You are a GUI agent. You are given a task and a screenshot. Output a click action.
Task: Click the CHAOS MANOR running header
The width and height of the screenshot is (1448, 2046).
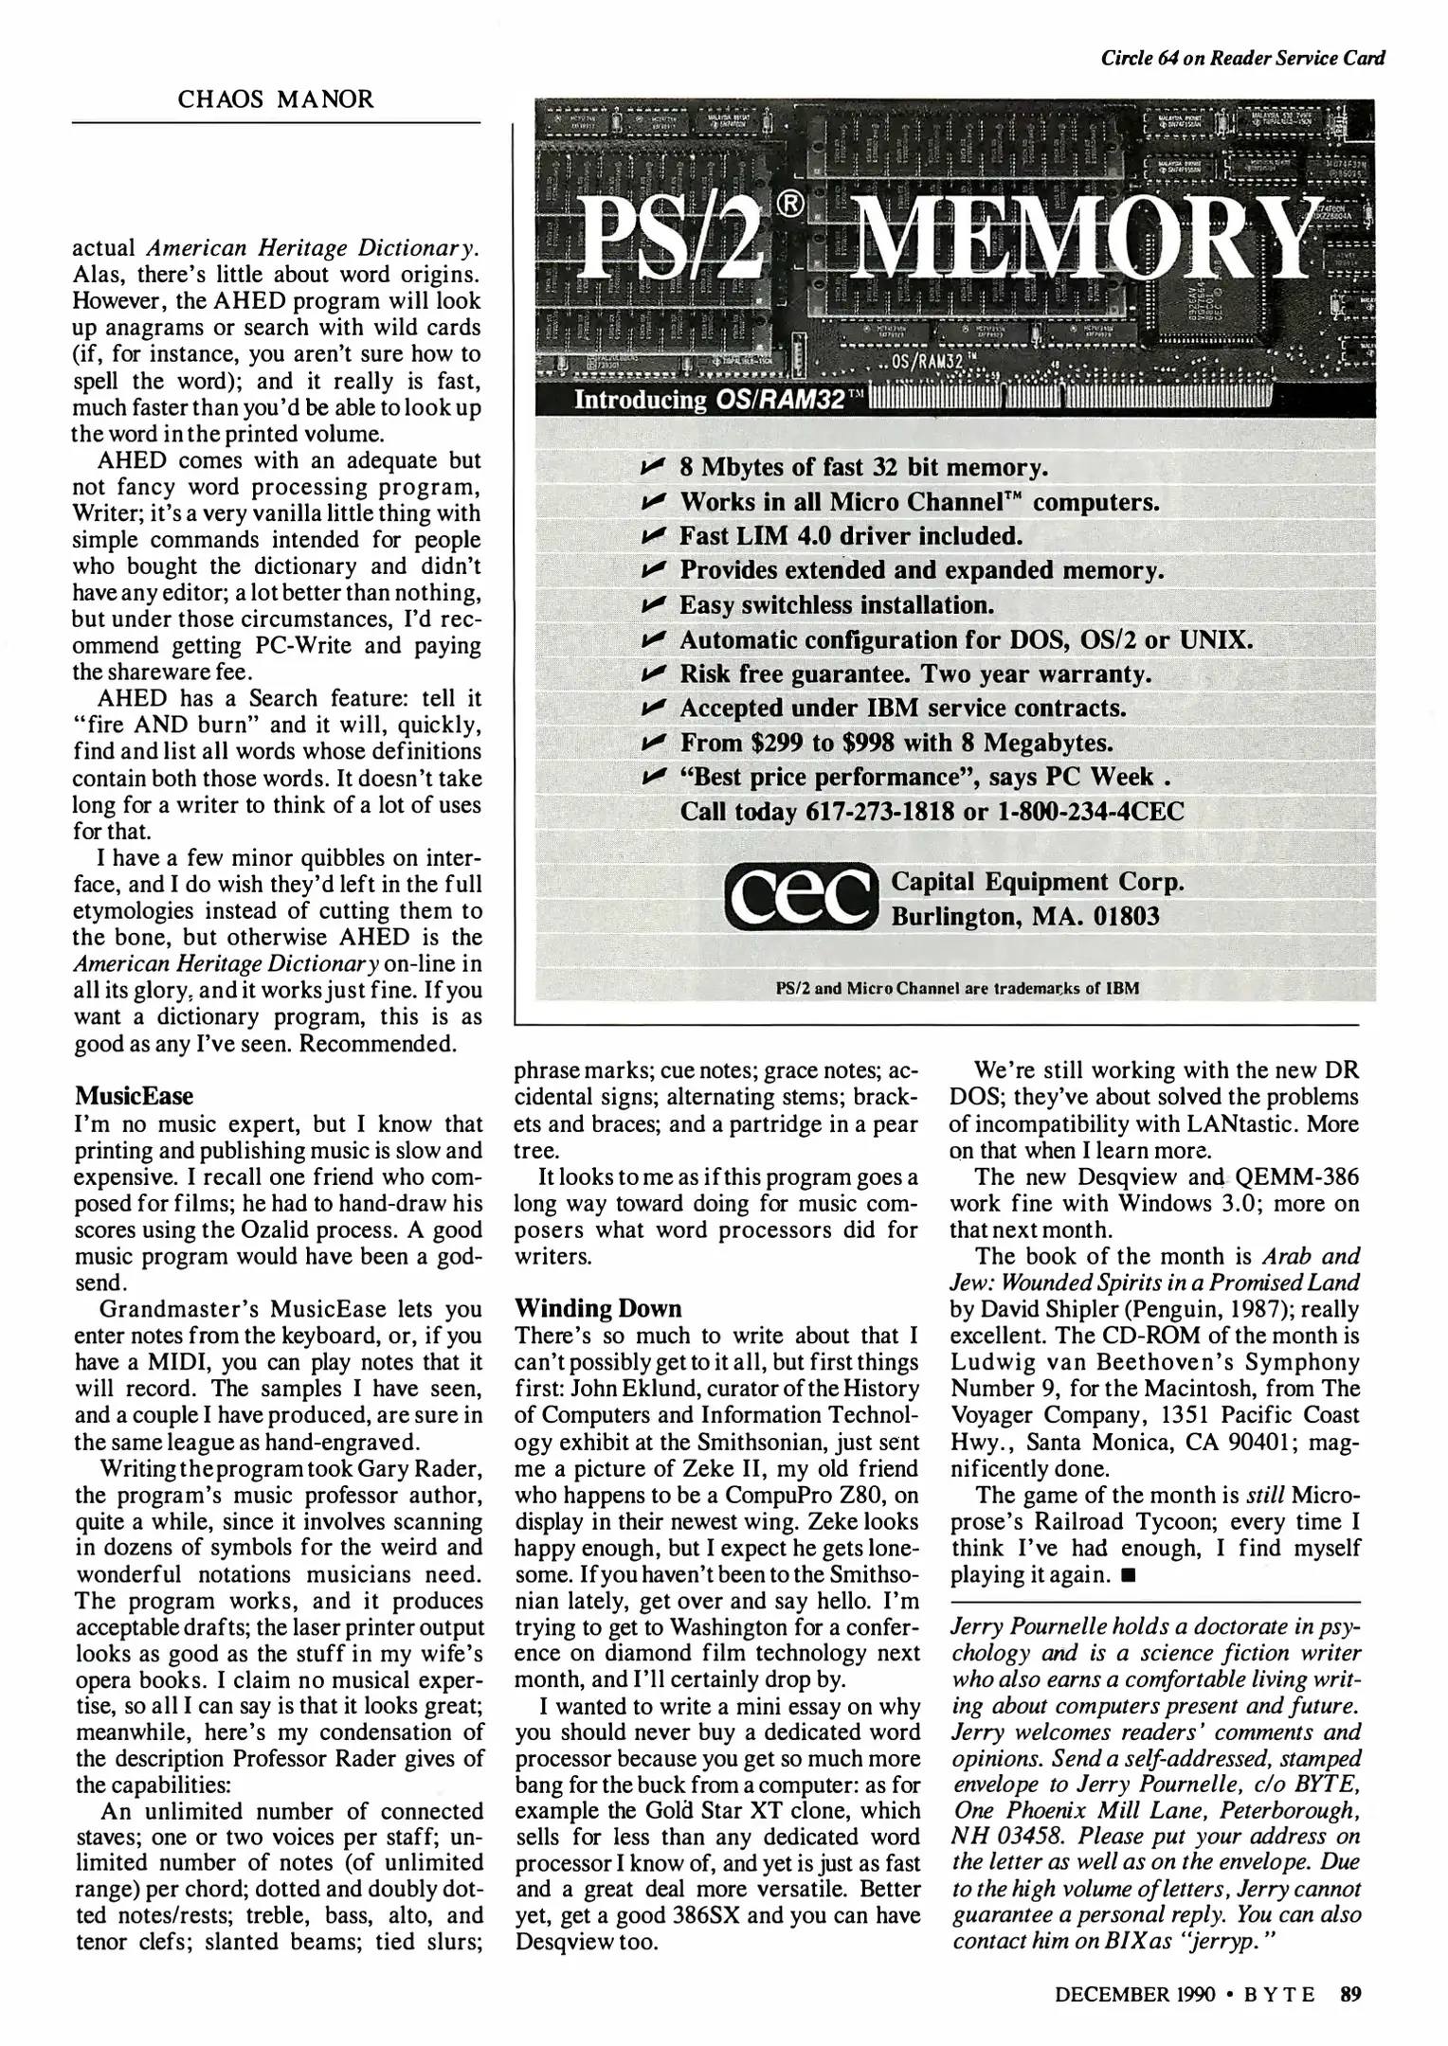[276, 99]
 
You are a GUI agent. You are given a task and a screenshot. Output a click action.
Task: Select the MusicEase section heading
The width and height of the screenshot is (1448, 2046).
[134, 1096]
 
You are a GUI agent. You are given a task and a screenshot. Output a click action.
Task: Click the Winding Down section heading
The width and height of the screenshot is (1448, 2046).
[598, 1308]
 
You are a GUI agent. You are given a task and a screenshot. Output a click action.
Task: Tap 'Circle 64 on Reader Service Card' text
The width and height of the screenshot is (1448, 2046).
[1242, 58]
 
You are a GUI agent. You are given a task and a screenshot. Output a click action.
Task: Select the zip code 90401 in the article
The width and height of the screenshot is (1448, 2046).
[1211, 1443]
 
